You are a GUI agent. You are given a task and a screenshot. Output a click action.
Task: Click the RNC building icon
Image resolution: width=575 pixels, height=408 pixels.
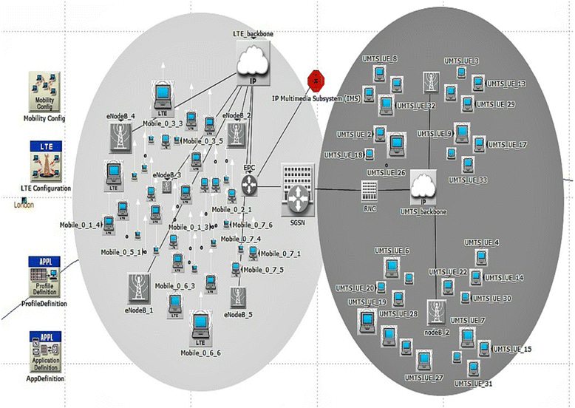[369, 190]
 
